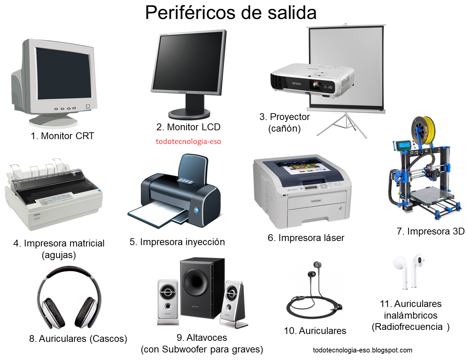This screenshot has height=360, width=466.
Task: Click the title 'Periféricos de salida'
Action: point(231,13)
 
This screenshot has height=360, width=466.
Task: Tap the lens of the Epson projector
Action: point(316,85)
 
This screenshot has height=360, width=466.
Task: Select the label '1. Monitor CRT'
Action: point(63,136)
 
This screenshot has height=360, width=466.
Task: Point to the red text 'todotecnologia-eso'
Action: point(188,142)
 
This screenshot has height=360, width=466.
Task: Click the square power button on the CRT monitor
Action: point(88,106)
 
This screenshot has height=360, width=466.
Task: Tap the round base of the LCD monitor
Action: point(189,114)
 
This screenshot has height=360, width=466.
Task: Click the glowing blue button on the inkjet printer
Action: point(197,210)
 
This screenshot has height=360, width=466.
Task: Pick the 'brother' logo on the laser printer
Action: point(316,201)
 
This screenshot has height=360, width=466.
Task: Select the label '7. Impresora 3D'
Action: point(430,231)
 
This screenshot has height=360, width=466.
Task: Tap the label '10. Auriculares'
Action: point(315,331)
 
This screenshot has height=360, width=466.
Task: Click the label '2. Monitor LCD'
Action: point(188,127)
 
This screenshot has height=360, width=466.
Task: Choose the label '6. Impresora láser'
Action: point(306,238)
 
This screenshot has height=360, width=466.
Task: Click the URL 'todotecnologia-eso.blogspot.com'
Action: point(362,350)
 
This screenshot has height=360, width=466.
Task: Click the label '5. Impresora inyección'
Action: point(177,242)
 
